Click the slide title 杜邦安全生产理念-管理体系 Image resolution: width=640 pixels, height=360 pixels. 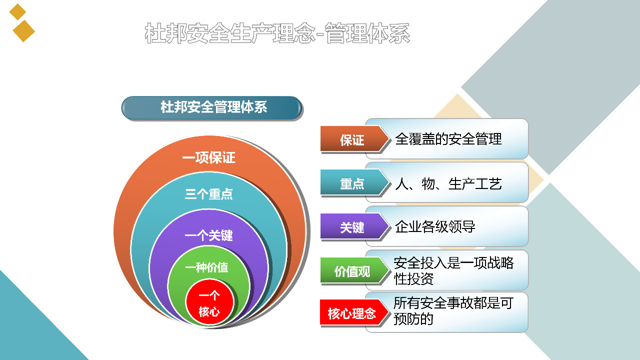click(x=277, y=33)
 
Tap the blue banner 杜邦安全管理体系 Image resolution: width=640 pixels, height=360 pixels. click(x=211, y=108)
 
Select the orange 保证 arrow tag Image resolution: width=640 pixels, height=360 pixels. click(x=354, y=139)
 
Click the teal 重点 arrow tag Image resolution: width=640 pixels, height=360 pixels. click(x=354, y=183)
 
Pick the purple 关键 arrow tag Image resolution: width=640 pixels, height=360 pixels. click(x=354, y=226)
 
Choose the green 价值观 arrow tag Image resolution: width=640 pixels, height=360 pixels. click(x=354, y=270)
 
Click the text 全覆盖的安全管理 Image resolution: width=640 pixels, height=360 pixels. click(x=448, y=139)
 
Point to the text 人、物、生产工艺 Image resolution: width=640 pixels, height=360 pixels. click(x=448, y=183)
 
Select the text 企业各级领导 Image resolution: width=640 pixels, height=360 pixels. click(x=435, y=227)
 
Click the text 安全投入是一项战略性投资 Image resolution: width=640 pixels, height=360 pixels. click(x=453, y=271)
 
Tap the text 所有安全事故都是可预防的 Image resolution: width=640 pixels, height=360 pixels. click(x=453, y=311)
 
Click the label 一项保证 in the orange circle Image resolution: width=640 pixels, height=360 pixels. click(x=209, y=157)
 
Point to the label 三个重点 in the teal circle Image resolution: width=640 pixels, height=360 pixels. click(x=209, y=194)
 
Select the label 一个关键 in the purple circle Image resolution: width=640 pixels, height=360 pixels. click(x=209, y=235)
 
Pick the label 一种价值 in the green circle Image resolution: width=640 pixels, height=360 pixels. click(x=206, y=267)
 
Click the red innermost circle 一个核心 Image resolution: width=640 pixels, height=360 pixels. click(x=209, y=302)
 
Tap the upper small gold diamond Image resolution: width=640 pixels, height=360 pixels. click(x=17, y=12)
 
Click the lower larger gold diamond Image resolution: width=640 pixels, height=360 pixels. click(x=23, y=31)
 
